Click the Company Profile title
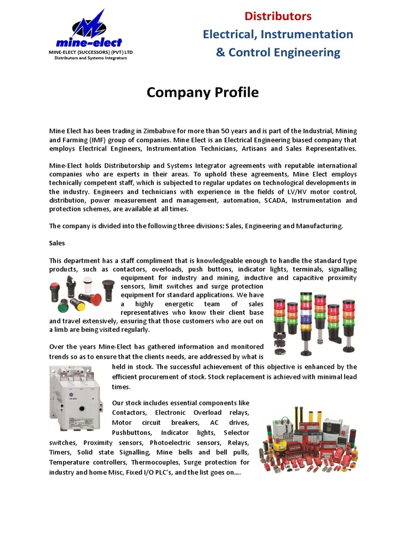point(203,92)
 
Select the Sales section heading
point(57,244)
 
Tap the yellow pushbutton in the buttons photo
point(79,305)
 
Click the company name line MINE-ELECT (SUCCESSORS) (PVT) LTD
point(90,53)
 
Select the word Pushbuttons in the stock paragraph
point(130,432)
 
